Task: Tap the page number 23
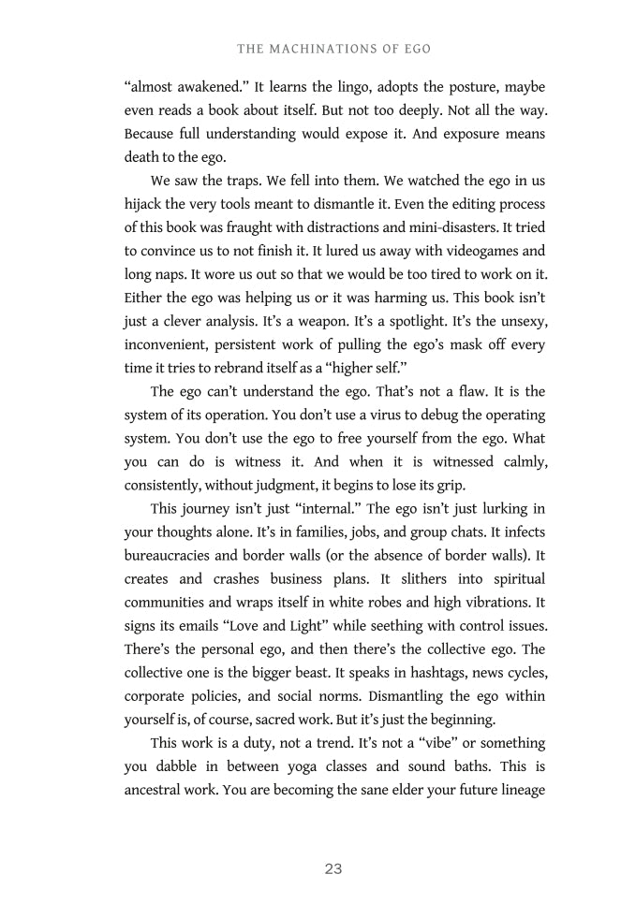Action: [x=333, y=869]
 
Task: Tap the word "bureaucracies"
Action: [x=170, y=556]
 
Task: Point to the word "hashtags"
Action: [x=427, y=673]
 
